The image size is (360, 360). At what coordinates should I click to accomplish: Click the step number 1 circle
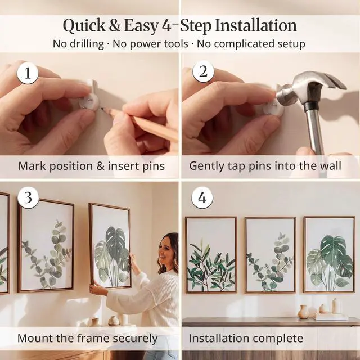28,73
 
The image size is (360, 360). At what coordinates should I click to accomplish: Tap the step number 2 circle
203,71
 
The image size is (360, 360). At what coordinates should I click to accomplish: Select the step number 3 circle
28,197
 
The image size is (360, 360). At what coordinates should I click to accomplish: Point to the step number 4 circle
202,197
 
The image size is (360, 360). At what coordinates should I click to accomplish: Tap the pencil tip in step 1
102,110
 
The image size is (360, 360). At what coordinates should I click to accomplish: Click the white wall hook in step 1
89,96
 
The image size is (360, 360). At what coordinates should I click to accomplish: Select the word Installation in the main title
256,25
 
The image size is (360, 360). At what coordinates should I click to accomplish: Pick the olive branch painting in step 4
211,255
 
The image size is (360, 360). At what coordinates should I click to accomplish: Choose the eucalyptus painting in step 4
270,255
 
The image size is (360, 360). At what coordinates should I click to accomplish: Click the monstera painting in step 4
330,254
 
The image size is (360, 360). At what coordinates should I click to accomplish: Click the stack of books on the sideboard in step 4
331,317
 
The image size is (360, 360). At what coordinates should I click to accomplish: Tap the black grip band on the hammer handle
311,106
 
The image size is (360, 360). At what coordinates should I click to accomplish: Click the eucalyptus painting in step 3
46,245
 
